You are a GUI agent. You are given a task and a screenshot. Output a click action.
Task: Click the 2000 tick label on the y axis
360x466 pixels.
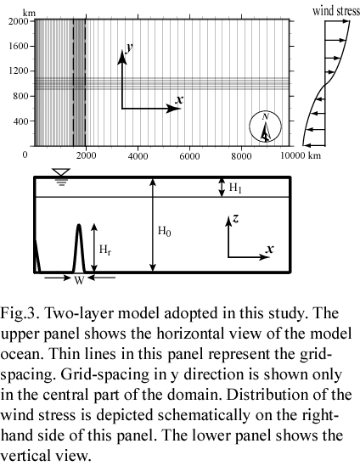tap(18, 21)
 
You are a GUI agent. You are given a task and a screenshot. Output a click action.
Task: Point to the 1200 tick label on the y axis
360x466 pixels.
tap(18, 71)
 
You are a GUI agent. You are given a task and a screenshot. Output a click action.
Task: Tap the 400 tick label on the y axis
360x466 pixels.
tap(20, 121)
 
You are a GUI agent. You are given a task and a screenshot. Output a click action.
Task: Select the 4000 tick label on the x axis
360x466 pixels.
tap(138, 156)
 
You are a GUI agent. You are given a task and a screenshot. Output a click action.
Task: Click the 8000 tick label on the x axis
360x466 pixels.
tap(241, 156)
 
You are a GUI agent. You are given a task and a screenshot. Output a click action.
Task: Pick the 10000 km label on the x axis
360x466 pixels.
tap(301, 155)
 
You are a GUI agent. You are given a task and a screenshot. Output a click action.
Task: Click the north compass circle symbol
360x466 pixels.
tap(265, 127)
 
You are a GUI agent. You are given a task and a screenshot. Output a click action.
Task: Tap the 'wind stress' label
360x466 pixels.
tap(336, 11)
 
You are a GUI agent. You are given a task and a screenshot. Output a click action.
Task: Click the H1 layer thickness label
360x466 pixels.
tap(235, 188)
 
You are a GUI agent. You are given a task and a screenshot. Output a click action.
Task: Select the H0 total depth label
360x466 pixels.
tap(164, 231)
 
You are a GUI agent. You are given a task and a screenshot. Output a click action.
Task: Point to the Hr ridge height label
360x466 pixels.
tap(105, 250)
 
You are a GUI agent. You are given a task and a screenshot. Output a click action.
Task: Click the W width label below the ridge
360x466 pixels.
tap(79, 280)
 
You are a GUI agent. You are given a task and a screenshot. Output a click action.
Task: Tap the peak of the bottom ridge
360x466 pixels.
tap(79, 225)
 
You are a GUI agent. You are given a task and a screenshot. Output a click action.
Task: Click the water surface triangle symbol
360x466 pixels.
tap(61, 172)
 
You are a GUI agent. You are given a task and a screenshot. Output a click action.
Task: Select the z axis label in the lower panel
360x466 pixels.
tap(235, 218)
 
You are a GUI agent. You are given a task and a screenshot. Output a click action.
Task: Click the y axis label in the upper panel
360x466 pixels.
tap(129, 48)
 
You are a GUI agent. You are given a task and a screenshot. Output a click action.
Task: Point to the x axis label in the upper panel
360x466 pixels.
tap(179, 99)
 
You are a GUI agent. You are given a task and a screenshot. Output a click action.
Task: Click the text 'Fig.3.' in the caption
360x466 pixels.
tap(20, 313)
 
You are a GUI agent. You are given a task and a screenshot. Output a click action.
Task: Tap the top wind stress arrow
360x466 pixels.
tap(337, 21)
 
